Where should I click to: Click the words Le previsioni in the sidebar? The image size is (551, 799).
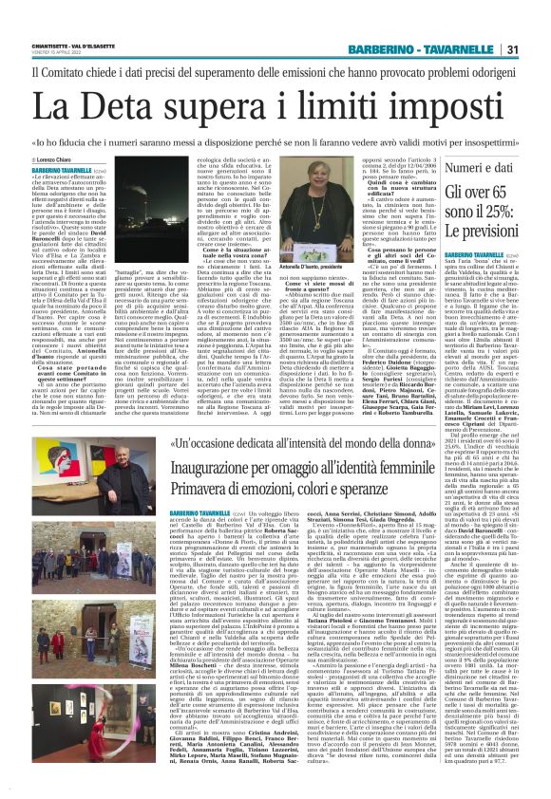pos(484,231)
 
